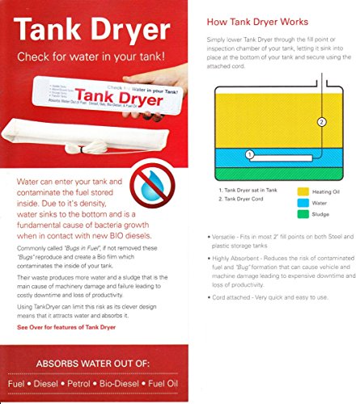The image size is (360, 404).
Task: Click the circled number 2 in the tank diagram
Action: coord(321,123)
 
